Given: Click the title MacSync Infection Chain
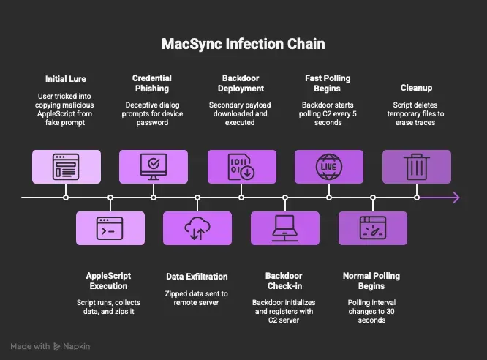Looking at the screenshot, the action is (x=243, y=44).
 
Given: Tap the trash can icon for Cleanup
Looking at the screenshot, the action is (x=417, y=167).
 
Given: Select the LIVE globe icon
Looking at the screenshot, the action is (x=329, y=167).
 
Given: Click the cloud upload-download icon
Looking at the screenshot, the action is (x=197, y=228).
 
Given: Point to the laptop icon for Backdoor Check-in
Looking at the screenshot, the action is (x=285, y=228).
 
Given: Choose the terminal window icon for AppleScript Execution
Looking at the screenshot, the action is (x=110, y=228).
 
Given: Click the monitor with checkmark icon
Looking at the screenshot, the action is (x=154, y=167).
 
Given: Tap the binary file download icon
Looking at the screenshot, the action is (x=241, y=167).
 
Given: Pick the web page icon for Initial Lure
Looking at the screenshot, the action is (x=66, y=167).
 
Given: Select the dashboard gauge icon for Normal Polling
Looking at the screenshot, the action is (x=373, y=228).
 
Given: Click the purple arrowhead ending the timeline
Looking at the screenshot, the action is (x=456, y=198).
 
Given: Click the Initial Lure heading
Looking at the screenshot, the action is (x=66, y=79).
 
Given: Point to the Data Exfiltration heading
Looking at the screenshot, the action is (x=197, y=277).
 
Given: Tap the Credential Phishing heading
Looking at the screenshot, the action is (x=152, y=83).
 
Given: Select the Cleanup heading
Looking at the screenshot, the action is (x=416, y=88).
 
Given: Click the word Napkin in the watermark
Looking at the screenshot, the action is (x=76, y=346).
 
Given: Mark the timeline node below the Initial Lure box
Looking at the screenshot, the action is (x=66, y=198).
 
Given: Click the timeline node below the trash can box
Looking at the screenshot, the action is (x=417, y=198).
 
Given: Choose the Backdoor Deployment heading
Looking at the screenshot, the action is (x=241, y=83).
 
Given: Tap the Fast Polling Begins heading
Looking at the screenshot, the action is (x=328, y=83).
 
